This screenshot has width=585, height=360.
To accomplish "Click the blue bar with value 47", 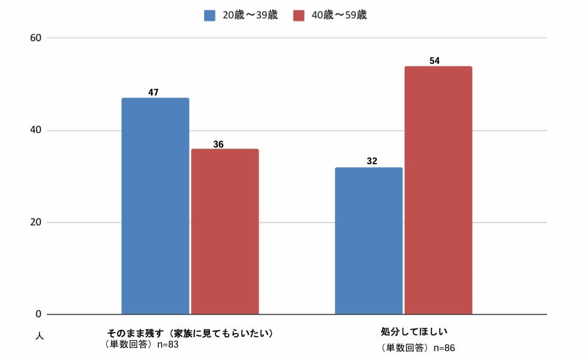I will (x=155, y=206).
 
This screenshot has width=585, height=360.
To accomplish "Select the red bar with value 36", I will (x=225, y=232).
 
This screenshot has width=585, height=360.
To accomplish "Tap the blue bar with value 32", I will (x=368, y=241).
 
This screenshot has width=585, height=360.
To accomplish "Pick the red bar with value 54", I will (x=438, y=190).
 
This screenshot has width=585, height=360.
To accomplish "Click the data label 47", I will (x=153, y=93).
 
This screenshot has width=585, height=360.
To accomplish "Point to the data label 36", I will (x=218, y=144).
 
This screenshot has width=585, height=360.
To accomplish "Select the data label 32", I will (x=372, y=161).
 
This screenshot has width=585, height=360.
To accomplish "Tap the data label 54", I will (x=435, y=61).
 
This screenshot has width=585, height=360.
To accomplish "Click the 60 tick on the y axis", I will (x=36, y=38).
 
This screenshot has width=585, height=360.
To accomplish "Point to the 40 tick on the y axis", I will (x=36, y=130).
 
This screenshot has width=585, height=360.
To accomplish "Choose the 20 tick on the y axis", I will (x=36, y=222).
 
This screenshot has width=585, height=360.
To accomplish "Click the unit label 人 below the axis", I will (x=39, y=336).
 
